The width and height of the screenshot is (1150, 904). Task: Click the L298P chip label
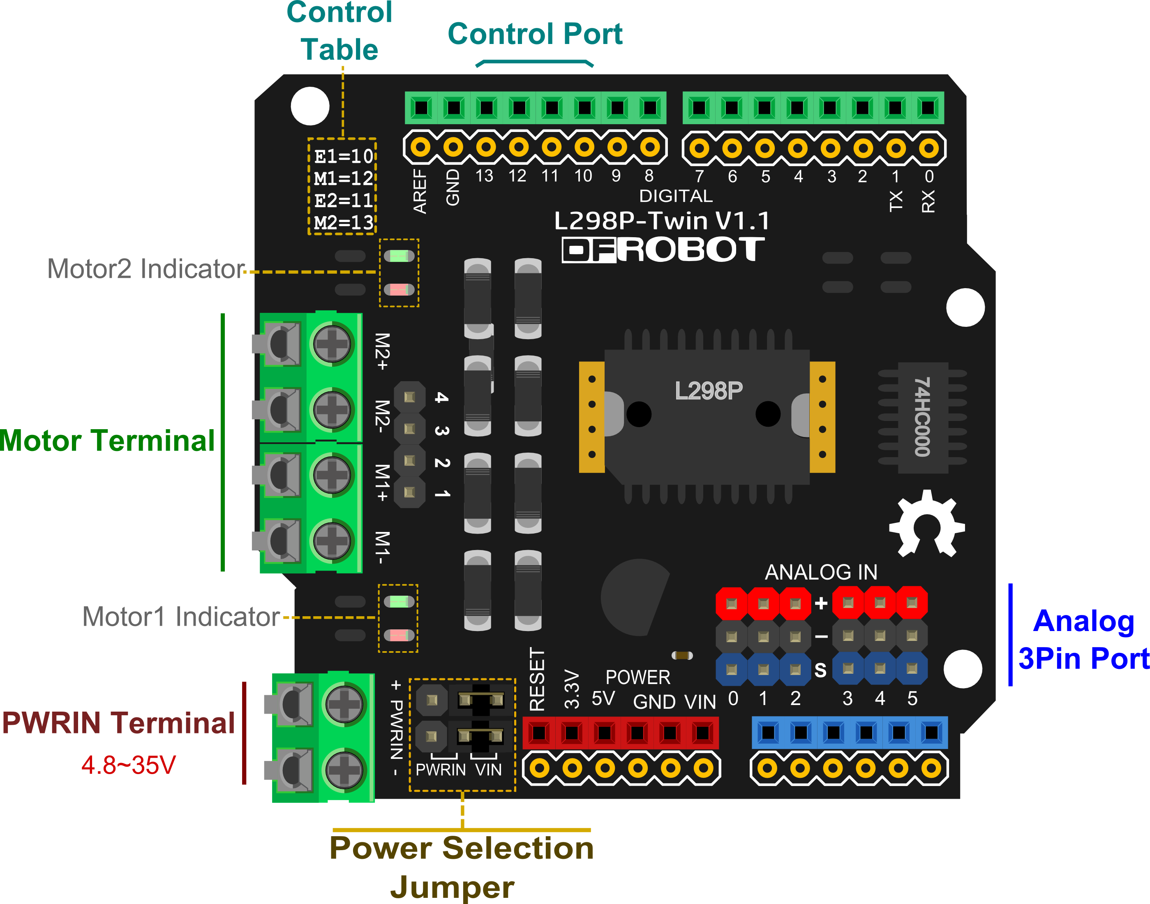click(708, 391)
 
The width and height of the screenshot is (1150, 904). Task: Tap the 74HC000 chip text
click(922, 417)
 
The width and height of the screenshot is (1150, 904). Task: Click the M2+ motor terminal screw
click(332, 344)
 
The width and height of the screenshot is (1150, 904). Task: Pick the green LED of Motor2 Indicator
click(399, 257)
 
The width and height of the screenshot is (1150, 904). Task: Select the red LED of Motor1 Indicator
click(399, 635)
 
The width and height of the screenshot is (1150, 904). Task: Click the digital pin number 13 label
click(484, 176)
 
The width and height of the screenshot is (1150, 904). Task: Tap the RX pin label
click(928, 201)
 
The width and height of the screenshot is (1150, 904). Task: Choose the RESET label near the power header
click(537, 680)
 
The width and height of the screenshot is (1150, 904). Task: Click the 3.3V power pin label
click(572, 689)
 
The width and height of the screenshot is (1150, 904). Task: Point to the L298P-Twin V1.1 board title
click(662, 221)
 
